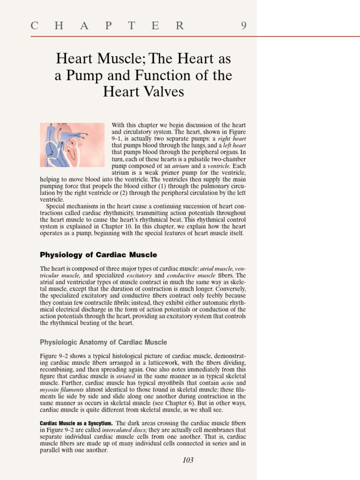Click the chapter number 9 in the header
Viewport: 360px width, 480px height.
point(244,26)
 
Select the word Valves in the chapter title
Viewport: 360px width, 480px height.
point(161,92)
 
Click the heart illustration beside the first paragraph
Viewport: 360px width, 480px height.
point(72,145)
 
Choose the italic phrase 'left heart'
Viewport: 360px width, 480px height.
point(232,145)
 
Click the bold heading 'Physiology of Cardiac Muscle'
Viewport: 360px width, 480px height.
point(98,255)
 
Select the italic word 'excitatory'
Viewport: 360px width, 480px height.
point(139,276)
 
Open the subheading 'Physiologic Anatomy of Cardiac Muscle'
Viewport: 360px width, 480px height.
point(103,342)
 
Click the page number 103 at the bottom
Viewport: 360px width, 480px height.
point(187,460)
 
